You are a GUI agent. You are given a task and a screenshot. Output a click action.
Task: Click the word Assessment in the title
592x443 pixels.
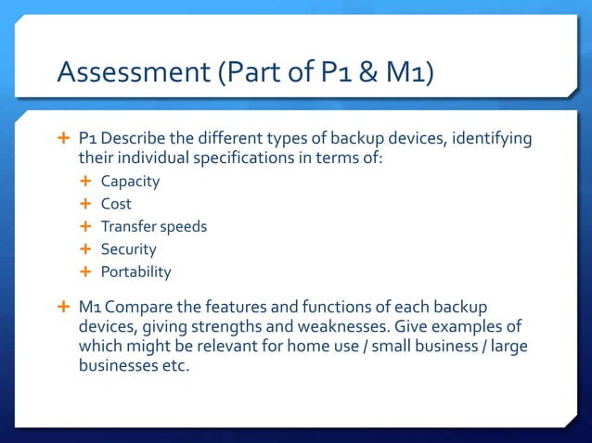click(132, 72)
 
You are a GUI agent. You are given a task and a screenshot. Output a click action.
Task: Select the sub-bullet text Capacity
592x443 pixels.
click(130, 182)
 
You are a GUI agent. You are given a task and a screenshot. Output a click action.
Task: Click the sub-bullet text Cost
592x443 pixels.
click(116, 204)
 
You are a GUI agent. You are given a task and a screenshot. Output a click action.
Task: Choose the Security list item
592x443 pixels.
click(128, 249)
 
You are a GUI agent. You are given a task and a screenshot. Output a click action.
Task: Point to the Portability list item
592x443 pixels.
click(135, 272)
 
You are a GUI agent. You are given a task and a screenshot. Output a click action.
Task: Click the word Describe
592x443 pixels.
click(135, 139)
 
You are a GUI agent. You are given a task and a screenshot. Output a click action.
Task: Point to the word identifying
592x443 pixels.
click(493, 139)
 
